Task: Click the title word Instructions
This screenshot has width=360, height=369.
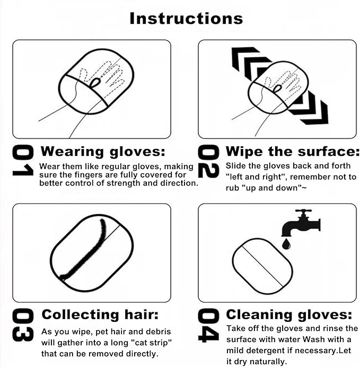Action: click(186, 18)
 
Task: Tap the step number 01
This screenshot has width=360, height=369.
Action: click(23, 162)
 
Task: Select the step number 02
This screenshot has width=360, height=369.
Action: click(208, 162)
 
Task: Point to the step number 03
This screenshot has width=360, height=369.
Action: click(23, 325)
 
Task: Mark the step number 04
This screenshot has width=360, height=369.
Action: click(208, 325)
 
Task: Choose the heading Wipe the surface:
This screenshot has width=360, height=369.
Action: click(289, 152)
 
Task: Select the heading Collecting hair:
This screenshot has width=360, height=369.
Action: click(100, 314)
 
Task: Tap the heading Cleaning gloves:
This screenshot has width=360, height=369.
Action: click(289, 314)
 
